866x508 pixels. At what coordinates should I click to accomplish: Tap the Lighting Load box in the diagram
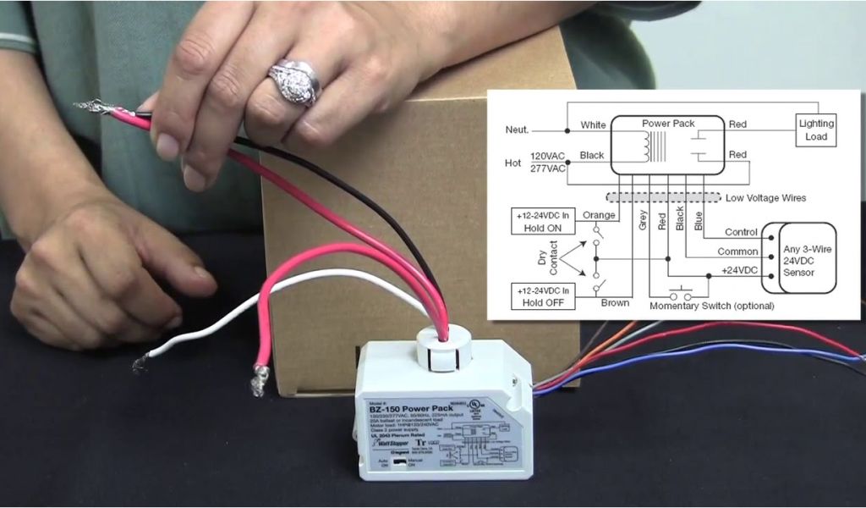816,130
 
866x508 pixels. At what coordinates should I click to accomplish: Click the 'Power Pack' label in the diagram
668,124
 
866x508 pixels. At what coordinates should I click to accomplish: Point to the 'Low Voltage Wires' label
766,198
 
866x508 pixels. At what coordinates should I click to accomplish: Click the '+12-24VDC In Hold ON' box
543,222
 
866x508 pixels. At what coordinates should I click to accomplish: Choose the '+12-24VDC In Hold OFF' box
543,296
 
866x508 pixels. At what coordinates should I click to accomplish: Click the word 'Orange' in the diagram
599,215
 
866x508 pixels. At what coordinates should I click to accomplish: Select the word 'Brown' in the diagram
615,302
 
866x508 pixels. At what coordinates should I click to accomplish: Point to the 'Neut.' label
517,130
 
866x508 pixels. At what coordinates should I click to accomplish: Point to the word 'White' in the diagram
593,126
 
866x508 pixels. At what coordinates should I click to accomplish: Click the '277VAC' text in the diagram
548,168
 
